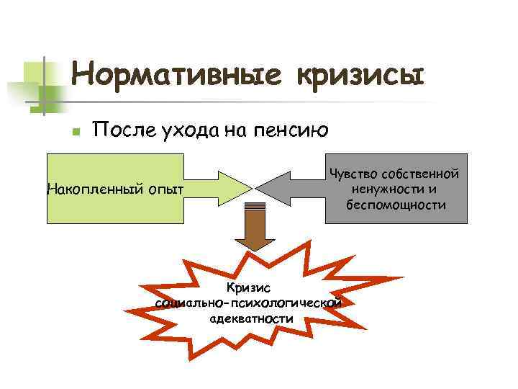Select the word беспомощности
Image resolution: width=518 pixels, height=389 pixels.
395,205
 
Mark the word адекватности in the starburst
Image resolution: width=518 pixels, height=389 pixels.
248,318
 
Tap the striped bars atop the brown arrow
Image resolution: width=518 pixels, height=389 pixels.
253,210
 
